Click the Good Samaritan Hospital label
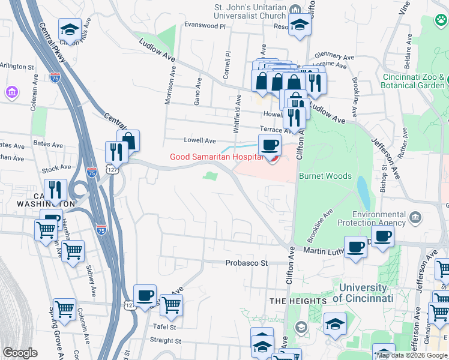tap(217, 157)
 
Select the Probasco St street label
tap(246, 263)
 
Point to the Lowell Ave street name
tap(200, 140)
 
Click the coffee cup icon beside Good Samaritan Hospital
tap(270, 145)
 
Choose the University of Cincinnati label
tap(363, 293)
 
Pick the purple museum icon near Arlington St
tap(10, 92)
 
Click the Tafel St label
tap(164, 327)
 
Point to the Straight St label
tap(166, 340)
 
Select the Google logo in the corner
tap(20, 353)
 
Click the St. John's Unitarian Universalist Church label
tap(250, 13)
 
